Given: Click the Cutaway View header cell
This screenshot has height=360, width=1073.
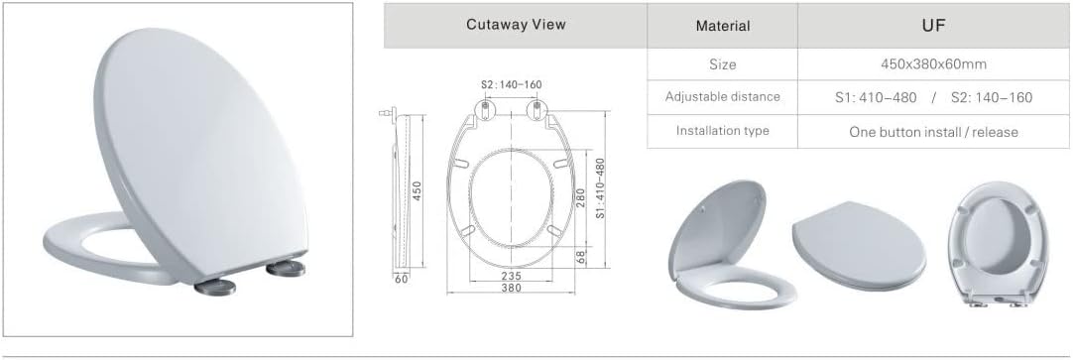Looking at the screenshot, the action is pos(516,26).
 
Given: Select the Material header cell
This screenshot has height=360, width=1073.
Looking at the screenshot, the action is pos(723,26).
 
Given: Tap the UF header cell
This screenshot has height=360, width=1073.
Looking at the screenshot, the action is pos(933,26).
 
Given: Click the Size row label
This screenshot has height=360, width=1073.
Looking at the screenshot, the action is pos(723,65).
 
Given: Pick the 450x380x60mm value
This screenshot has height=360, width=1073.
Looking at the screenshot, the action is pos(933,65).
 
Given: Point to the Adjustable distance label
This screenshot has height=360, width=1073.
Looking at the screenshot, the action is pos(723,96).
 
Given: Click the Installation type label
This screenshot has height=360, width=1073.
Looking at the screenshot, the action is pos(723,130).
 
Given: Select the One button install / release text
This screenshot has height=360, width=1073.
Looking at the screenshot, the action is pos(933,132).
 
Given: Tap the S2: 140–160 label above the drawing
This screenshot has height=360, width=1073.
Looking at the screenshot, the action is pos(511,85).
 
